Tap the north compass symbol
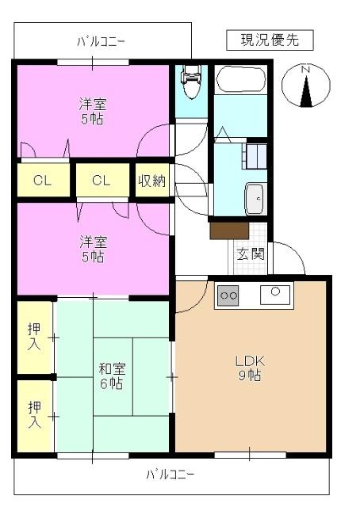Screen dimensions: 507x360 click(x=305, y=85)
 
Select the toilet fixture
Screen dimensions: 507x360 click(x=190, y=77)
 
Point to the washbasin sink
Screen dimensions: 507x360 click(x=255, y=198)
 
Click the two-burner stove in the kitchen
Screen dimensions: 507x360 click(x=228, y=295)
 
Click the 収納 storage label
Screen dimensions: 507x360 click(x=151, y=180)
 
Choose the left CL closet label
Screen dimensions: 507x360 click(x=42, y=180)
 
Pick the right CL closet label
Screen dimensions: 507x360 click(x=100, y=180)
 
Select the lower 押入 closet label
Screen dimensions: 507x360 click(x=34, y=414)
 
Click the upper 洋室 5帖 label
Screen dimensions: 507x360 click(x=92, y=112)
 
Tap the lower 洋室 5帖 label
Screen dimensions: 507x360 click(x=92, y=249)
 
